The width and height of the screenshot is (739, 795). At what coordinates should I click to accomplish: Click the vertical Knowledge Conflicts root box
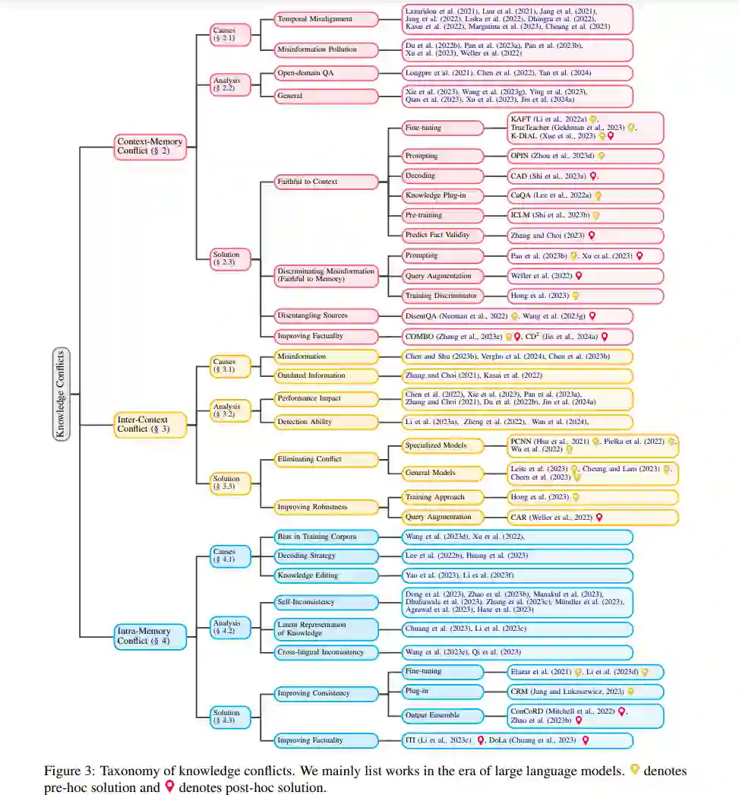(62, 394)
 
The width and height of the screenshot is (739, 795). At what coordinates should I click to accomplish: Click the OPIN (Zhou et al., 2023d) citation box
(551, 156)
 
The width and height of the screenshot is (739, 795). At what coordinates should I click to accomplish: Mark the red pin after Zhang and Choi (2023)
(592, 236)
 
